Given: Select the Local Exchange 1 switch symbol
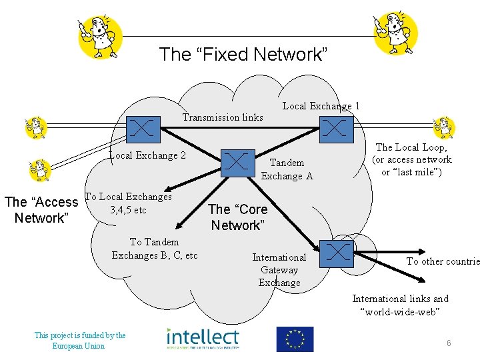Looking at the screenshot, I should point(336,127).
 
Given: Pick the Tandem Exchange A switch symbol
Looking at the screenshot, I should point(238,163).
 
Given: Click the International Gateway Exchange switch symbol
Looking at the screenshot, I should point(337,252).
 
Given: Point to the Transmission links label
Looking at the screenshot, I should point(223,117).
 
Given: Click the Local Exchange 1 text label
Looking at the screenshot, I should point(321,105).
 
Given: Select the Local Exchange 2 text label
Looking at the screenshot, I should point(147,155).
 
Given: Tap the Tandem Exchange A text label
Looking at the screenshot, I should point(287,169).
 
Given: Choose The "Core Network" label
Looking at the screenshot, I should point(237,217).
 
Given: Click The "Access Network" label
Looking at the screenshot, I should point(41,210).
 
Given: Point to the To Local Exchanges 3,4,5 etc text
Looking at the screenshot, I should point(129,203).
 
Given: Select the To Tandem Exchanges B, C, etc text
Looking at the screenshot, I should point(155,249).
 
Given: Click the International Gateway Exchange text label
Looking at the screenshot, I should point(279,270).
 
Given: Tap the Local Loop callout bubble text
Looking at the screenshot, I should point(411,159).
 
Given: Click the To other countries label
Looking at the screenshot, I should point(443,261).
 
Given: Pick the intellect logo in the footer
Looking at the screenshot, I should point(203,339).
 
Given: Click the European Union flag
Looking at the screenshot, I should point(295,339).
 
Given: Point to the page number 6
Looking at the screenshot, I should point(449,343).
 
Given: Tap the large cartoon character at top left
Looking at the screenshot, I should point(99,34).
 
